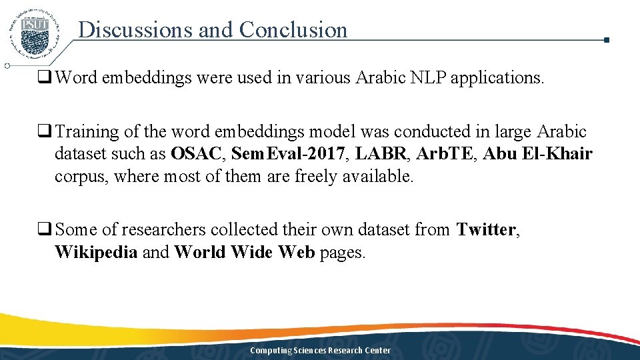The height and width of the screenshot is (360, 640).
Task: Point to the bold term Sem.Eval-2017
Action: coord(289,154)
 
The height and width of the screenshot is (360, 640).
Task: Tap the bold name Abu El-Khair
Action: coord(537,154)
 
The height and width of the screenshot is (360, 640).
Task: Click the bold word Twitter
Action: coord(485,230)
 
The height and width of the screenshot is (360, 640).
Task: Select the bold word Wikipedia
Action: coord(96,253)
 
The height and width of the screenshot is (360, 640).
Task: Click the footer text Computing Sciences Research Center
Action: coord(320,351)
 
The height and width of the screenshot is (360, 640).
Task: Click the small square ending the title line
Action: coord(606,40)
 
